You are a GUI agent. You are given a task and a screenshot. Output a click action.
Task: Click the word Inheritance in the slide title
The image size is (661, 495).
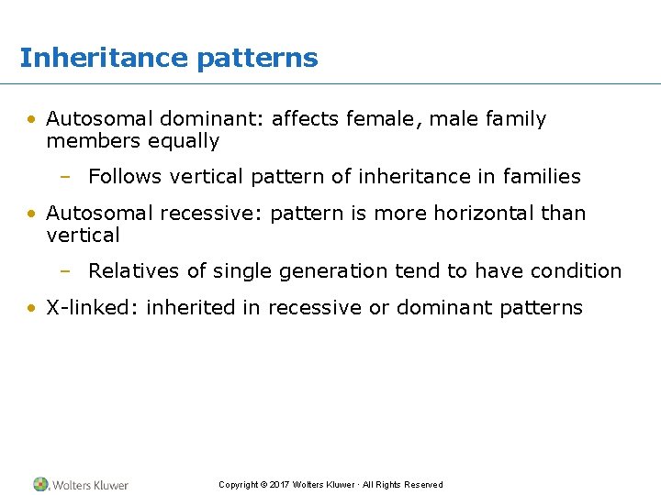pyautogui.click(x=104, y=58)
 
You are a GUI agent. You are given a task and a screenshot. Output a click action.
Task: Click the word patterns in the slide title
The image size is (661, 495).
pyautogui.click(x=257, y=59)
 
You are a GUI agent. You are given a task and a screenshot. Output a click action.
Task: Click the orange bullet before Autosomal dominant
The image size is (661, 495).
pyautogui.click(x=31, y=119)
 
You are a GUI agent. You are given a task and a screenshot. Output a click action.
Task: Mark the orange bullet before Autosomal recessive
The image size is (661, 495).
pyautogui.click(x=31, y=213)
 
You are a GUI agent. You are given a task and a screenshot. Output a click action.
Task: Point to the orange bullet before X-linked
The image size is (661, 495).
pyautogui.click(x=31, y=308)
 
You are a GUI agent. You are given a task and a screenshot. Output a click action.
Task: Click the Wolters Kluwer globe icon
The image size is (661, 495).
pyautogui.click(x=40, y=484)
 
